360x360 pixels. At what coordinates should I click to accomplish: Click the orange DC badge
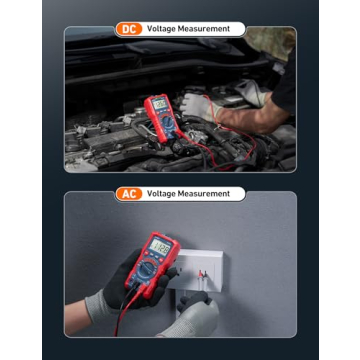pyautogui.click(x=128, y=29)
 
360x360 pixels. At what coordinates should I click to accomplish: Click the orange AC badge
pyautogui.click(x=128, y=193)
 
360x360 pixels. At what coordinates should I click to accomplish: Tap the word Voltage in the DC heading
pyautogui.click(x=163, y=29)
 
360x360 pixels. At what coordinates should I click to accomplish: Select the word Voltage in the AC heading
pyautogui.click(x=163, y=193)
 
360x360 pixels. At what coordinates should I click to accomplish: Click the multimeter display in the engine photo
pyautogui.click(x=158, y=104)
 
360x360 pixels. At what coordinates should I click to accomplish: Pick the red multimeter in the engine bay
pyautogui.click(x=158, y=118)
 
